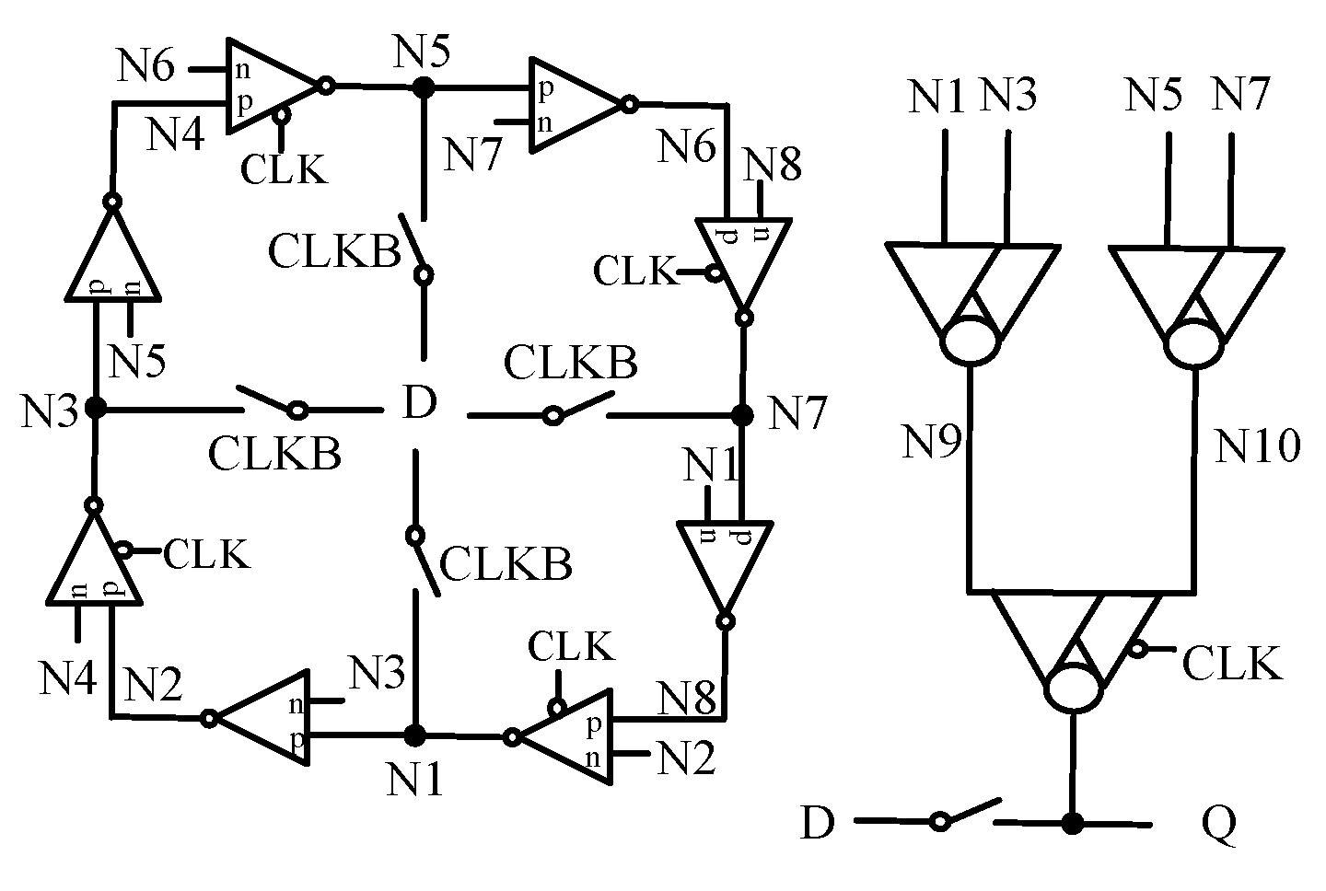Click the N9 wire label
click(x=931, y=443)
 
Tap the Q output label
click(x=1218, y=824)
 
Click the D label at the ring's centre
click(x=419, y=404)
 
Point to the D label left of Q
click(x=817, y=823)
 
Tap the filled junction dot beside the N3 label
click(x=94, y=407)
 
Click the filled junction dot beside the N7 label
click(x=741, y=415)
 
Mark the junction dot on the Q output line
click(x=1072, y=823)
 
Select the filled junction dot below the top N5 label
click(x=423, y=87)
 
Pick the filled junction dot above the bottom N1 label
click(x=415, y=735)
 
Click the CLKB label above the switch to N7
click(x=571, y=363)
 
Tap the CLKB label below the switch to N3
click(x=274, y=454)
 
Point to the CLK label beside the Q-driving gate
click(x=1232, y=663)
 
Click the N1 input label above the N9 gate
click(x=937, y=96)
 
